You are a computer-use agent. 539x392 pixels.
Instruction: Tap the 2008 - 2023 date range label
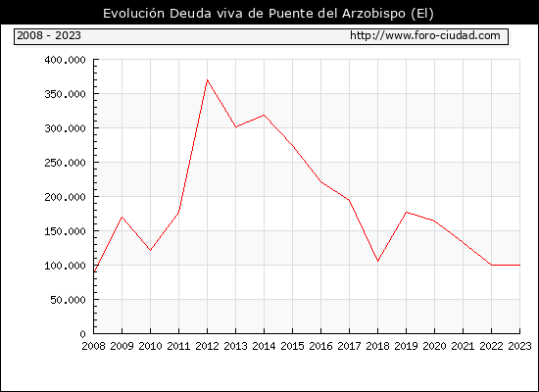49,35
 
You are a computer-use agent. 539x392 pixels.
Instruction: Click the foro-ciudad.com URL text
425,35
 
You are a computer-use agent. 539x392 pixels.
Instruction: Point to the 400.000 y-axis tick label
65,60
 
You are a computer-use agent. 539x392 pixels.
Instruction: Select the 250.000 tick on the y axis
65,163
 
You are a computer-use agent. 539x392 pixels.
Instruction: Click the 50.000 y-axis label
68,300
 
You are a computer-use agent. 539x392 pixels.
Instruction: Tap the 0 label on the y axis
82,334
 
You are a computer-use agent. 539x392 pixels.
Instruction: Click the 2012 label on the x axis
208,346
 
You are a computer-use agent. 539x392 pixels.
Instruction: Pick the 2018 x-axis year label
377,346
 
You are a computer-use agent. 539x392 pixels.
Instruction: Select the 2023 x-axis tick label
519,346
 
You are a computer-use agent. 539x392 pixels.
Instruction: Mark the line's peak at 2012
208,79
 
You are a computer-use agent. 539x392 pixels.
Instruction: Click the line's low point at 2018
377,262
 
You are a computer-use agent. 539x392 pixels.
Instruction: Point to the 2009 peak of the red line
122,217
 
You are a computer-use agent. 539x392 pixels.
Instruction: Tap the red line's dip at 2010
150,250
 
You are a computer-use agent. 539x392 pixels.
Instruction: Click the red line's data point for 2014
264,115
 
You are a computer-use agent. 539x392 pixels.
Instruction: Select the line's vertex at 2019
407,212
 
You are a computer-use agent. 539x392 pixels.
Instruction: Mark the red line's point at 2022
492,266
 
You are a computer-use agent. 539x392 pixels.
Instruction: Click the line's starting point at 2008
94,272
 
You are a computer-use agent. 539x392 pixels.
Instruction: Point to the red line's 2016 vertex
321,182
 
